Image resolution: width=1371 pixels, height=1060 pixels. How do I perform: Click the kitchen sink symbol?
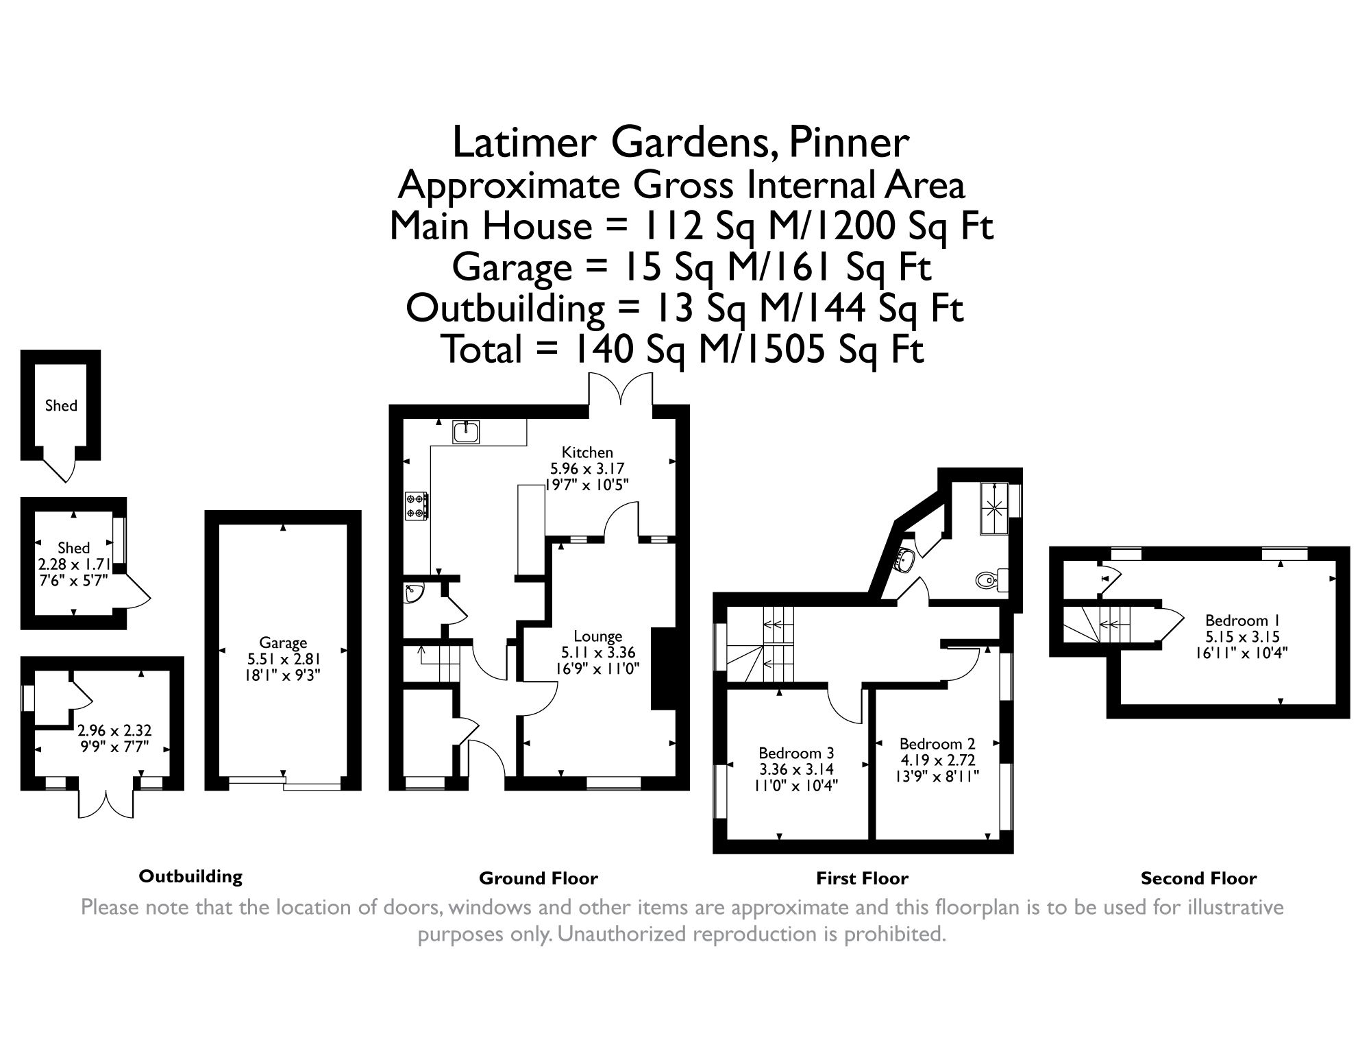point(466,433)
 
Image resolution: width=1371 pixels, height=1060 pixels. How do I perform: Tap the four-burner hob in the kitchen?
point(417,506)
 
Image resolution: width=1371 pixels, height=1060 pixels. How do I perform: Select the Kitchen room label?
point(587,453)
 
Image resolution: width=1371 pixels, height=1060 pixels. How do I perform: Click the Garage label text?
point(283,643)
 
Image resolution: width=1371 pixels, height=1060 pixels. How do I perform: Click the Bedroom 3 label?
point(796,754)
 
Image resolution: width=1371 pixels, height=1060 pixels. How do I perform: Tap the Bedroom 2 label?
point(937,744)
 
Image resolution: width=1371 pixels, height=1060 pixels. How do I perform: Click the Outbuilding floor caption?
point(190,876)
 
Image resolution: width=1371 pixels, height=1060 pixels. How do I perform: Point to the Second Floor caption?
point(1198,878)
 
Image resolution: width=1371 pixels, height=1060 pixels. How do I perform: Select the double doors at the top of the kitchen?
point(621,389)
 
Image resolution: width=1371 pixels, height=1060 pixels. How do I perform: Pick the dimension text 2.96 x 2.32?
point(114,731)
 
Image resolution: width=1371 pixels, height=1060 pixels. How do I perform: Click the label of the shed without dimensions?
point(61,406)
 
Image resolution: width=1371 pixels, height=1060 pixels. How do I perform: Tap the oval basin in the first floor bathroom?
point(904,559)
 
